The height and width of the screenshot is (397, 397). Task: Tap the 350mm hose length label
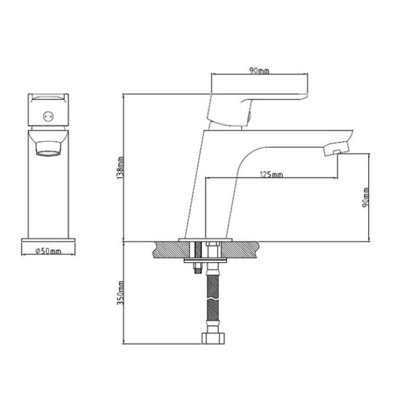tap(120, 293)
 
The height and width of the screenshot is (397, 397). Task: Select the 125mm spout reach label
tap(271, 174)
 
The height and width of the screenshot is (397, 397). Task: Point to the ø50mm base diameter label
tap(48, 251)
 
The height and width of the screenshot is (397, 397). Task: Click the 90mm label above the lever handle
tap(259, 71)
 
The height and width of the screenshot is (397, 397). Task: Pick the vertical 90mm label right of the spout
tap(365, 197)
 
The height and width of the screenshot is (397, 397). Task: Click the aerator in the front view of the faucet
tap(48, 149)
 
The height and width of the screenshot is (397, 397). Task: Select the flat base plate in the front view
tap(48, 241)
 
